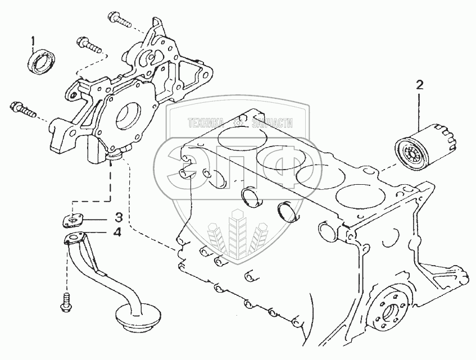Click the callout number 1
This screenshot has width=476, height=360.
tap(33, 40)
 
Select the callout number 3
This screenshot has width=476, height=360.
tap(119, 217)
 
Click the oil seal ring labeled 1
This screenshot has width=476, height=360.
tap(42, 62)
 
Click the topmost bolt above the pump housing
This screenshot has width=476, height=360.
tap(119, 20)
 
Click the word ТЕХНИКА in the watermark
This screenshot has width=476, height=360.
tap(206, 123)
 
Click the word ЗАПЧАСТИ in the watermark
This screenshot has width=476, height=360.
tap(273, 123)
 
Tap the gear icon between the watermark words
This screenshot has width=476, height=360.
tap(239, 123)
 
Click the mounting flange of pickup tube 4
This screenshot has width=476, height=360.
tap(74, 238)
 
